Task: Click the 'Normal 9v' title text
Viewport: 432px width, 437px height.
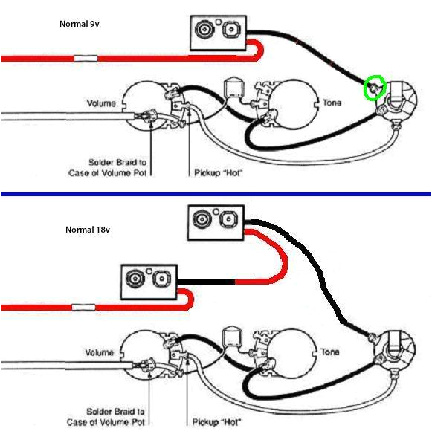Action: [80, 24]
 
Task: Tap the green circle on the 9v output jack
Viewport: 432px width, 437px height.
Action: [375, 89]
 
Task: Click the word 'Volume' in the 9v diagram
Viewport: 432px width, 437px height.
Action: [101, 103]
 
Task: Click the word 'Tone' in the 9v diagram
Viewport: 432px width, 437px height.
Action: [332, 103]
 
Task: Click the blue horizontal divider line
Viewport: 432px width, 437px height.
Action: [216, 194]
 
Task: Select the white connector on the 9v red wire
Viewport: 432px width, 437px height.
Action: [86, 57]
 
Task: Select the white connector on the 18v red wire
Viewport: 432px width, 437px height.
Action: [83, 306]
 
